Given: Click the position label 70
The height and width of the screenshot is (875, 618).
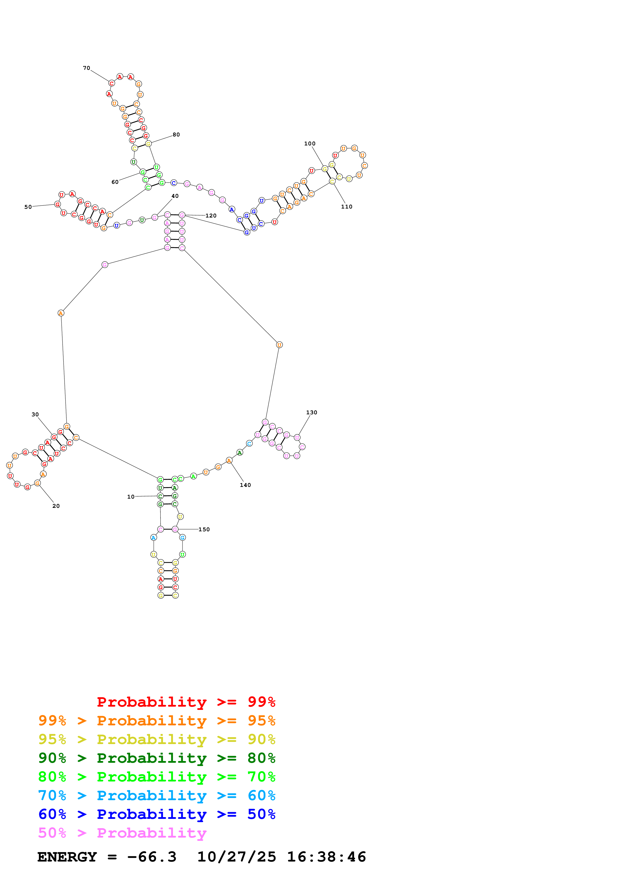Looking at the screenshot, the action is click(x=87, y=68).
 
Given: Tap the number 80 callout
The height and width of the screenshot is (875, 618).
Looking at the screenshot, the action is click(x=176, y=134).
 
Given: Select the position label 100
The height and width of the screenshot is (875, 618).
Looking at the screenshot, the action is click(x=310, y=144).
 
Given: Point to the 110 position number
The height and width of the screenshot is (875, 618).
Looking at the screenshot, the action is click(x=347, y=207).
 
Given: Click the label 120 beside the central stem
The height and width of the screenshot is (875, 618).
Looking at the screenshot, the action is click(x=211, y=216).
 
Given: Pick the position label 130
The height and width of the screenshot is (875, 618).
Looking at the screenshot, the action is click(x=311, y=412).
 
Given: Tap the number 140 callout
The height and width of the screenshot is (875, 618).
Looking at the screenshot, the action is click(x=245, y=485).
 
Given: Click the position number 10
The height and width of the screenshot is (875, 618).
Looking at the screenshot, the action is click(x=131, y=497).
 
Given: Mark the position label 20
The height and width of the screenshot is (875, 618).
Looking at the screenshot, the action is click(x=56, y=506).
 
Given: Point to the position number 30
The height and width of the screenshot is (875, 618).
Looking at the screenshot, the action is click(x=35, y=414).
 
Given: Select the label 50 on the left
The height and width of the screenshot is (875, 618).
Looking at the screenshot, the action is click(x=28, y=207).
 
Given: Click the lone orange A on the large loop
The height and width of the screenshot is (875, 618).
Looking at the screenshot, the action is click(x=61, y=313).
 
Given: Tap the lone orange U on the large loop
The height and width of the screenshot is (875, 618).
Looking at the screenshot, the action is click(x=279, y=345).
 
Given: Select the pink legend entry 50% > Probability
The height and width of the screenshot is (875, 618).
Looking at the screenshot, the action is click(x=122, y=833).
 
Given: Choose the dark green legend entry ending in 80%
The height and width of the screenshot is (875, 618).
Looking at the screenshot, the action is click(x=157, y=758).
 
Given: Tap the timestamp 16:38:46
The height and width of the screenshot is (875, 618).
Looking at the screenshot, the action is click(x=326, y=857).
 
